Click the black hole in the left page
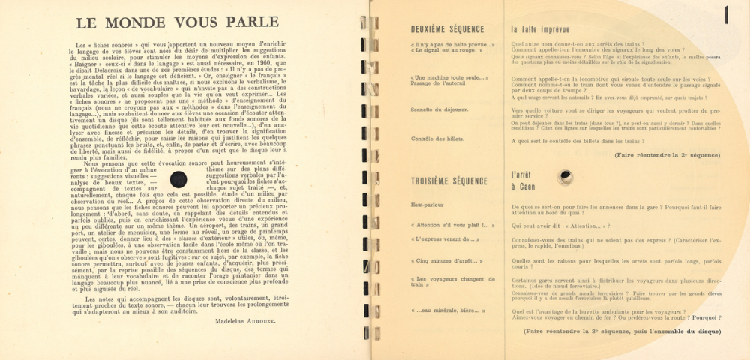point(179,178)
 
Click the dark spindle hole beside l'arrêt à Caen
point(565,177)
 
